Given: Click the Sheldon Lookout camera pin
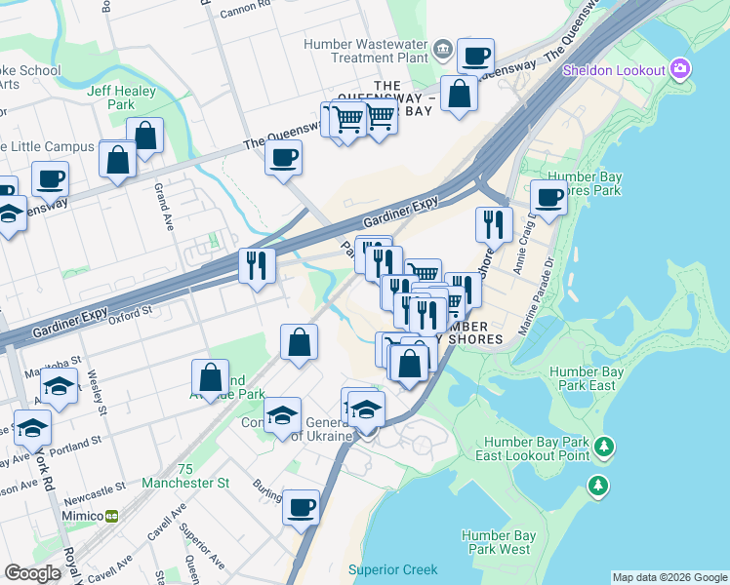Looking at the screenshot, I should [681, 69].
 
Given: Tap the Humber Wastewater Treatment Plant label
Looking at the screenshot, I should [366, 52].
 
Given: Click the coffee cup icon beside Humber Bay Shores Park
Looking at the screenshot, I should [549, 197].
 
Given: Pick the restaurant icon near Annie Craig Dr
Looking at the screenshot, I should [494, 225].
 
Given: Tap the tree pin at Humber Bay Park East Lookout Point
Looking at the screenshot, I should [604, 447].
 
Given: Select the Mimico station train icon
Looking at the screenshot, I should [112, 515].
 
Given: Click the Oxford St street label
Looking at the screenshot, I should [132, 314].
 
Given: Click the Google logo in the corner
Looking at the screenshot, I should [33, 573].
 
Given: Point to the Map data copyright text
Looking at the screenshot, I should [669, 577].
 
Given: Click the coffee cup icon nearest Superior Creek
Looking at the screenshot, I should [301, 508].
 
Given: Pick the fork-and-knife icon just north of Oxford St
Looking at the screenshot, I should [258, 265].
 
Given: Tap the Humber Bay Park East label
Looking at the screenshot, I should [595, 378].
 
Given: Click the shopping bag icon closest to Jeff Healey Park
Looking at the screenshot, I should [145, 138].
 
